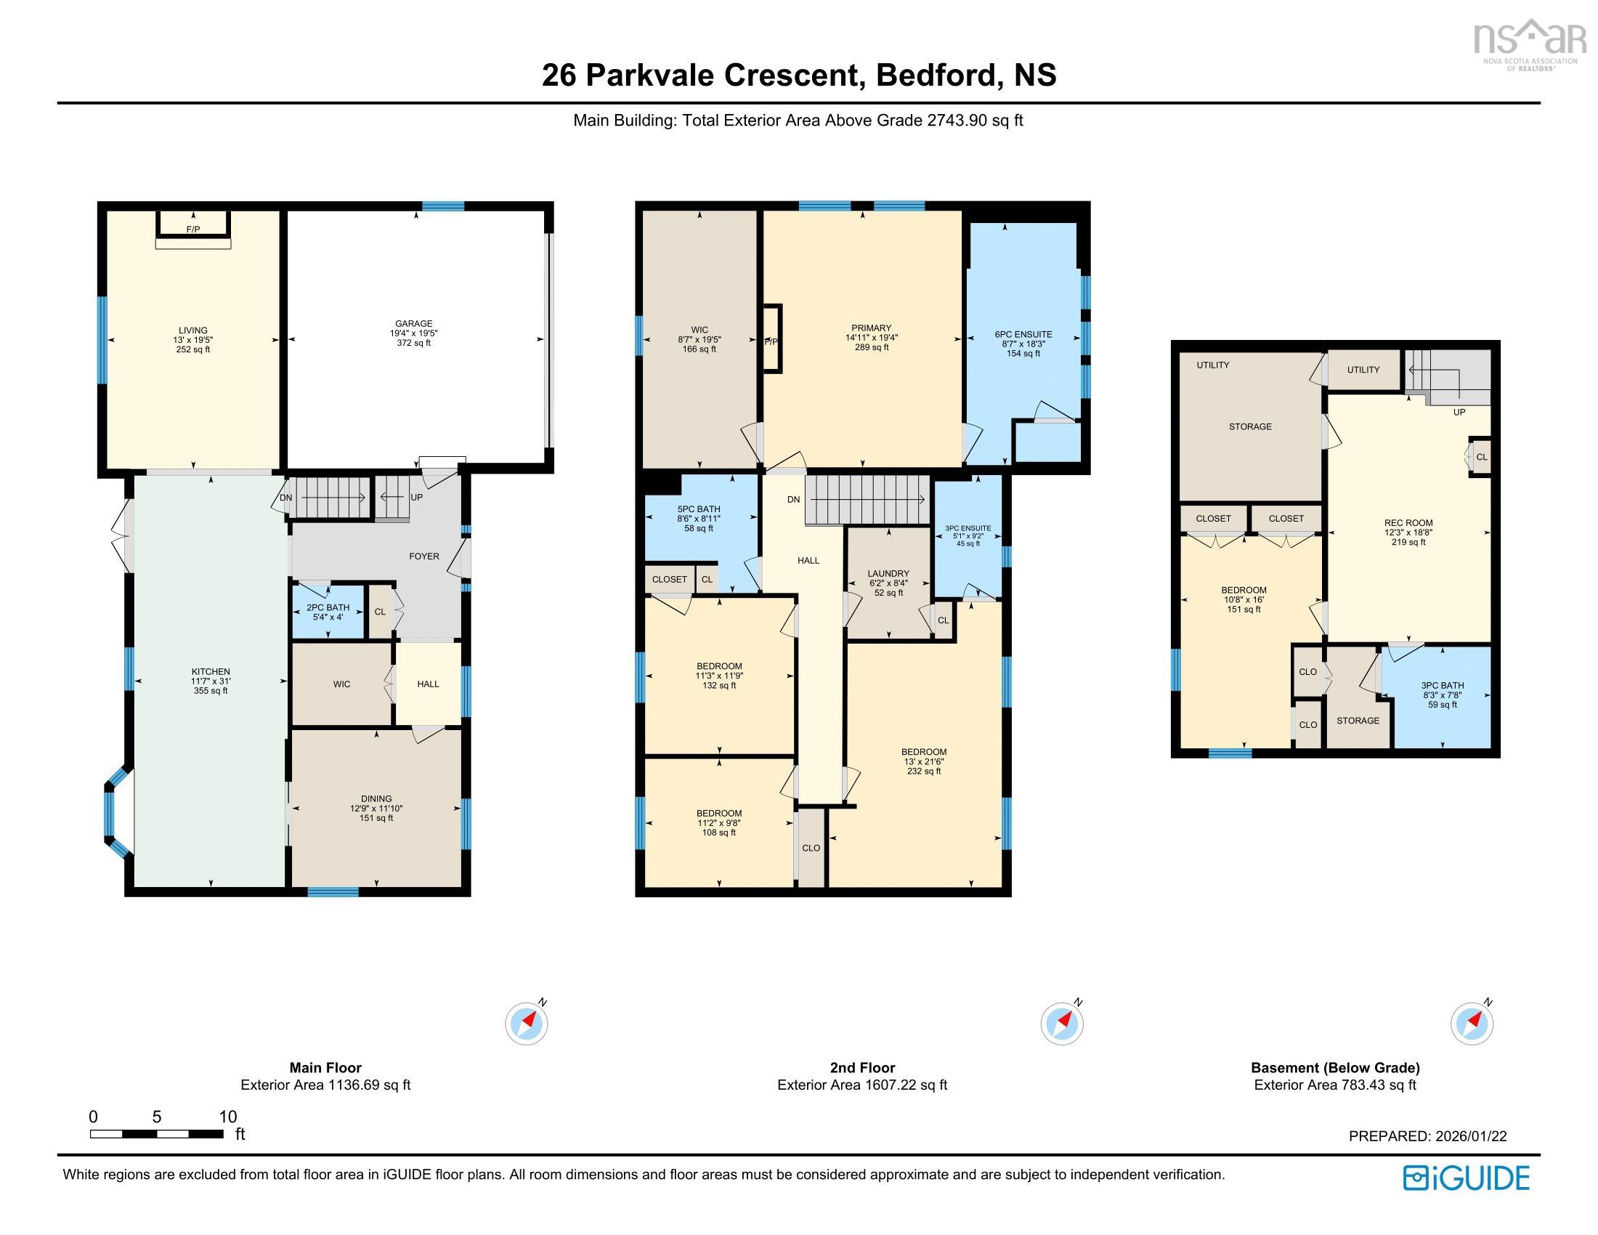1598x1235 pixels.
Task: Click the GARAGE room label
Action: coord(413,323)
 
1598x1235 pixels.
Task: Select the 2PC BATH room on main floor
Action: coord(328,612)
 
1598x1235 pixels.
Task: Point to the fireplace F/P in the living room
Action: coord(193,229)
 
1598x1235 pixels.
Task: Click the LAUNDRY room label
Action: coord(888,574)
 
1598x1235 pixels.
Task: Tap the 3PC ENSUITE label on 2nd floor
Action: coord(968,528)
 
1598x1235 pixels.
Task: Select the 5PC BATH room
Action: coord(699,518)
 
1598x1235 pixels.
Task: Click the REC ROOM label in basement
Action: coord(1408,522)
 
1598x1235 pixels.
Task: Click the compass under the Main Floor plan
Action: coord(526,1023)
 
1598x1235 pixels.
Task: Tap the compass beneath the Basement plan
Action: coord(1472,1023)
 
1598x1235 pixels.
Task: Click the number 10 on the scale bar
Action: coord(227,1117)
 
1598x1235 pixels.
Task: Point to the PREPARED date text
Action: coord(1427,1136)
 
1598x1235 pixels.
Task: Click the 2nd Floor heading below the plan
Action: coord(862,1067)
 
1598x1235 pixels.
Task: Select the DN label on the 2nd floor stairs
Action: coord(794,500)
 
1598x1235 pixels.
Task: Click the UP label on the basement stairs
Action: coord(1459,412)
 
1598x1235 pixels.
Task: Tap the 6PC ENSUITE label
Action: coord(1023,334)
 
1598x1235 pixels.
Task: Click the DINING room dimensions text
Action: coord(376,809)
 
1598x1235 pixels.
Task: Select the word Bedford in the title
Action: coord(935,76)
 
